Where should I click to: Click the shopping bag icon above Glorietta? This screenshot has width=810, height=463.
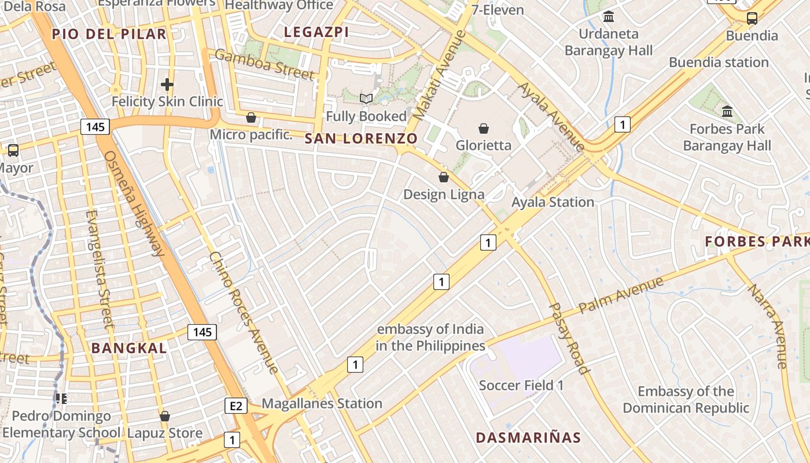tap(484, 128)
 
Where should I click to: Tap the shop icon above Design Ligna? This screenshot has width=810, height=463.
tap(444, 177)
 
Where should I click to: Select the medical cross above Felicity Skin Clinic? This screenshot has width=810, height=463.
tap(167, 85)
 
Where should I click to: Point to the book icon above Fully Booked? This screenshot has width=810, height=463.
tap(366, 99)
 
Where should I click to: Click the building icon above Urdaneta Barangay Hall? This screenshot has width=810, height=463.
tap(608, 17)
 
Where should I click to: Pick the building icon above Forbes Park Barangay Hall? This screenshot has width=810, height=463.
tap(727, 111)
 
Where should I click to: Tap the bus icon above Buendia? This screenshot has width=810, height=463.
tap(752, 19)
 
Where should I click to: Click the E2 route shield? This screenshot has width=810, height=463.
tap(235, 406)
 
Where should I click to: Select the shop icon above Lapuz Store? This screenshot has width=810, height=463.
tap(165, 416)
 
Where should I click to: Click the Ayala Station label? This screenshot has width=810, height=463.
tap(553, 202)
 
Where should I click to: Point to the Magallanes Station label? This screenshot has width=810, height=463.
tap(322, 403)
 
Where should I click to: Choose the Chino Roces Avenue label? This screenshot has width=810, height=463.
tap(244, 312)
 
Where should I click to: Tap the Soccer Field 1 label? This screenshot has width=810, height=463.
tap(521, 385)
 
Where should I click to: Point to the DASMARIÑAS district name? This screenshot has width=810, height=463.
tap(528, 438)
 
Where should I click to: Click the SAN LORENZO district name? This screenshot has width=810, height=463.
tap(360, 139)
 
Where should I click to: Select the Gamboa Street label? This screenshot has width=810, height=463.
tap(264, 64)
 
